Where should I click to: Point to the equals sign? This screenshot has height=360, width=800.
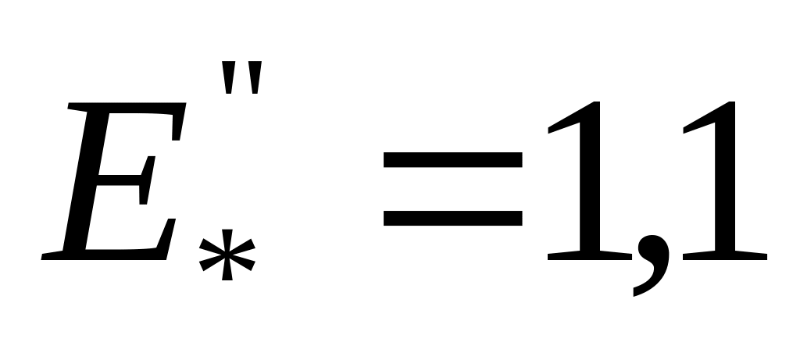[x=452, y=188]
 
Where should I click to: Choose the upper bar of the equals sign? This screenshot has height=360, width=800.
[x=452, y=161]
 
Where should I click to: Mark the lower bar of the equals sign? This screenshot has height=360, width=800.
[x=452, y=216]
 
